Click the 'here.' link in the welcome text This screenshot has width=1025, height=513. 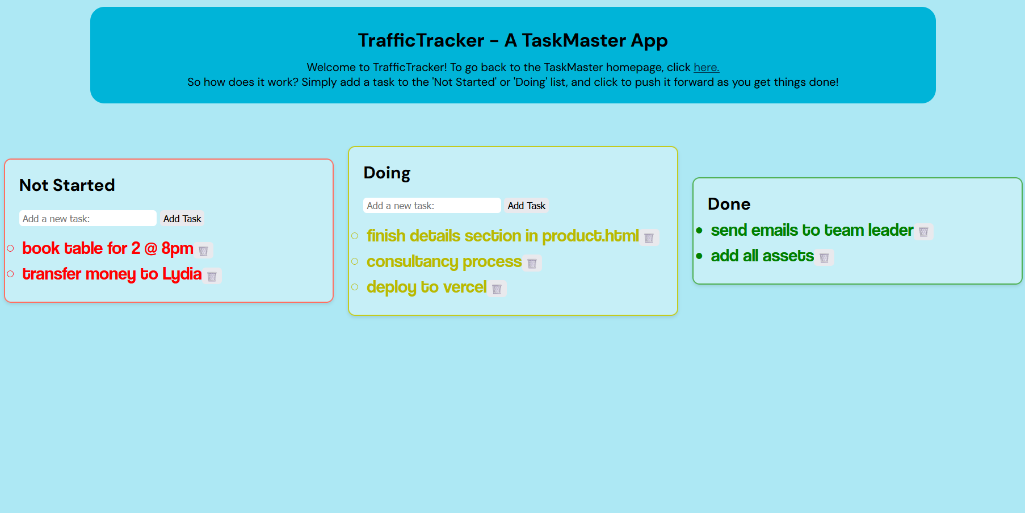(x=706, y=67)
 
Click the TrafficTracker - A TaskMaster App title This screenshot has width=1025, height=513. (x=512, y=40)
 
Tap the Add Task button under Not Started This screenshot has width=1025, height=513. (x=182, y=219)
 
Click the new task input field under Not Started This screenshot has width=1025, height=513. (x=88, y=219)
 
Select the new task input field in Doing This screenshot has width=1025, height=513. (x=432, y=206)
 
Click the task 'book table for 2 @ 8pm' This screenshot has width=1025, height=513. (x=108, y=248)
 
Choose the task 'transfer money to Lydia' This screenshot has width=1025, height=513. (x=112, y=274)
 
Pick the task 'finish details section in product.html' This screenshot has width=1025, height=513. (x=503, y=236)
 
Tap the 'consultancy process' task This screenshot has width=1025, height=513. (x=444, y=261)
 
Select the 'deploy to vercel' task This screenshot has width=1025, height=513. (x=426, y=287)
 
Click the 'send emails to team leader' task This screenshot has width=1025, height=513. (x=812, y=230)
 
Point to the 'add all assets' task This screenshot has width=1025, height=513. (x=762, y=256)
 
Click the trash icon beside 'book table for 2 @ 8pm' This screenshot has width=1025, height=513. (x=203, y=251)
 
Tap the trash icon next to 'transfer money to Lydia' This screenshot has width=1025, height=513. (x=212, y=276)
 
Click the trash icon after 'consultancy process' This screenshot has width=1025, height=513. (x=532, y=263)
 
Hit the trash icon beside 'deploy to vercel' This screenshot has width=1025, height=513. (x=497, y=289)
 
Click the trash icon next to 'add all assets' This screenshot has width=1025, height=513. (x=824, y=257)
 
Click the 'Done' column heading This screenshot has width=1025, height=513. (x=729, y=204)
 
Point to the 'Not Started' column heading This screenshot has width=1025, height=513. (x=67, y=185)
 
